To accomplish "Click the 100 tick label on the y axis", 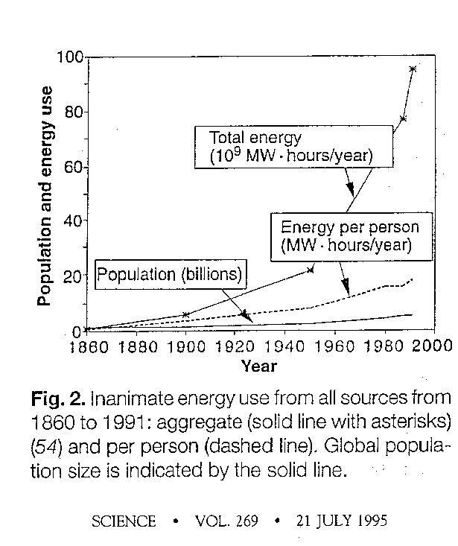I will (x=69, y=58).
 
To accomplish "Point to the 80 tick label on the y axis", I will (x=73, y=112).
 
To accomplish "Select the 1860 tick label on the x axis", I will (x=92, y=346).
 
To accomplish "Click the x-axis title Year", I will (x=259, y=366).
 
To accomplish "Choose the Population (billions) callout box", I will (x=171, y=274).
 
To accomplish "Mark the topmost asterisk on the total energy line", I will (x=413, y=69).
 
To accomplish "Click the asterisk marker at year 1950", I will (x=311, y=270).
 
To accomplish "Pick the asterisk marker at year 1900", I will (x=186, y=314).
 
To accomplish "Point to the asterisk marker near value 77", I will (x=403, y=119).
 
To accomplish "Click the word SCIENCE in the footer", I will (x=124, y=521).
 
